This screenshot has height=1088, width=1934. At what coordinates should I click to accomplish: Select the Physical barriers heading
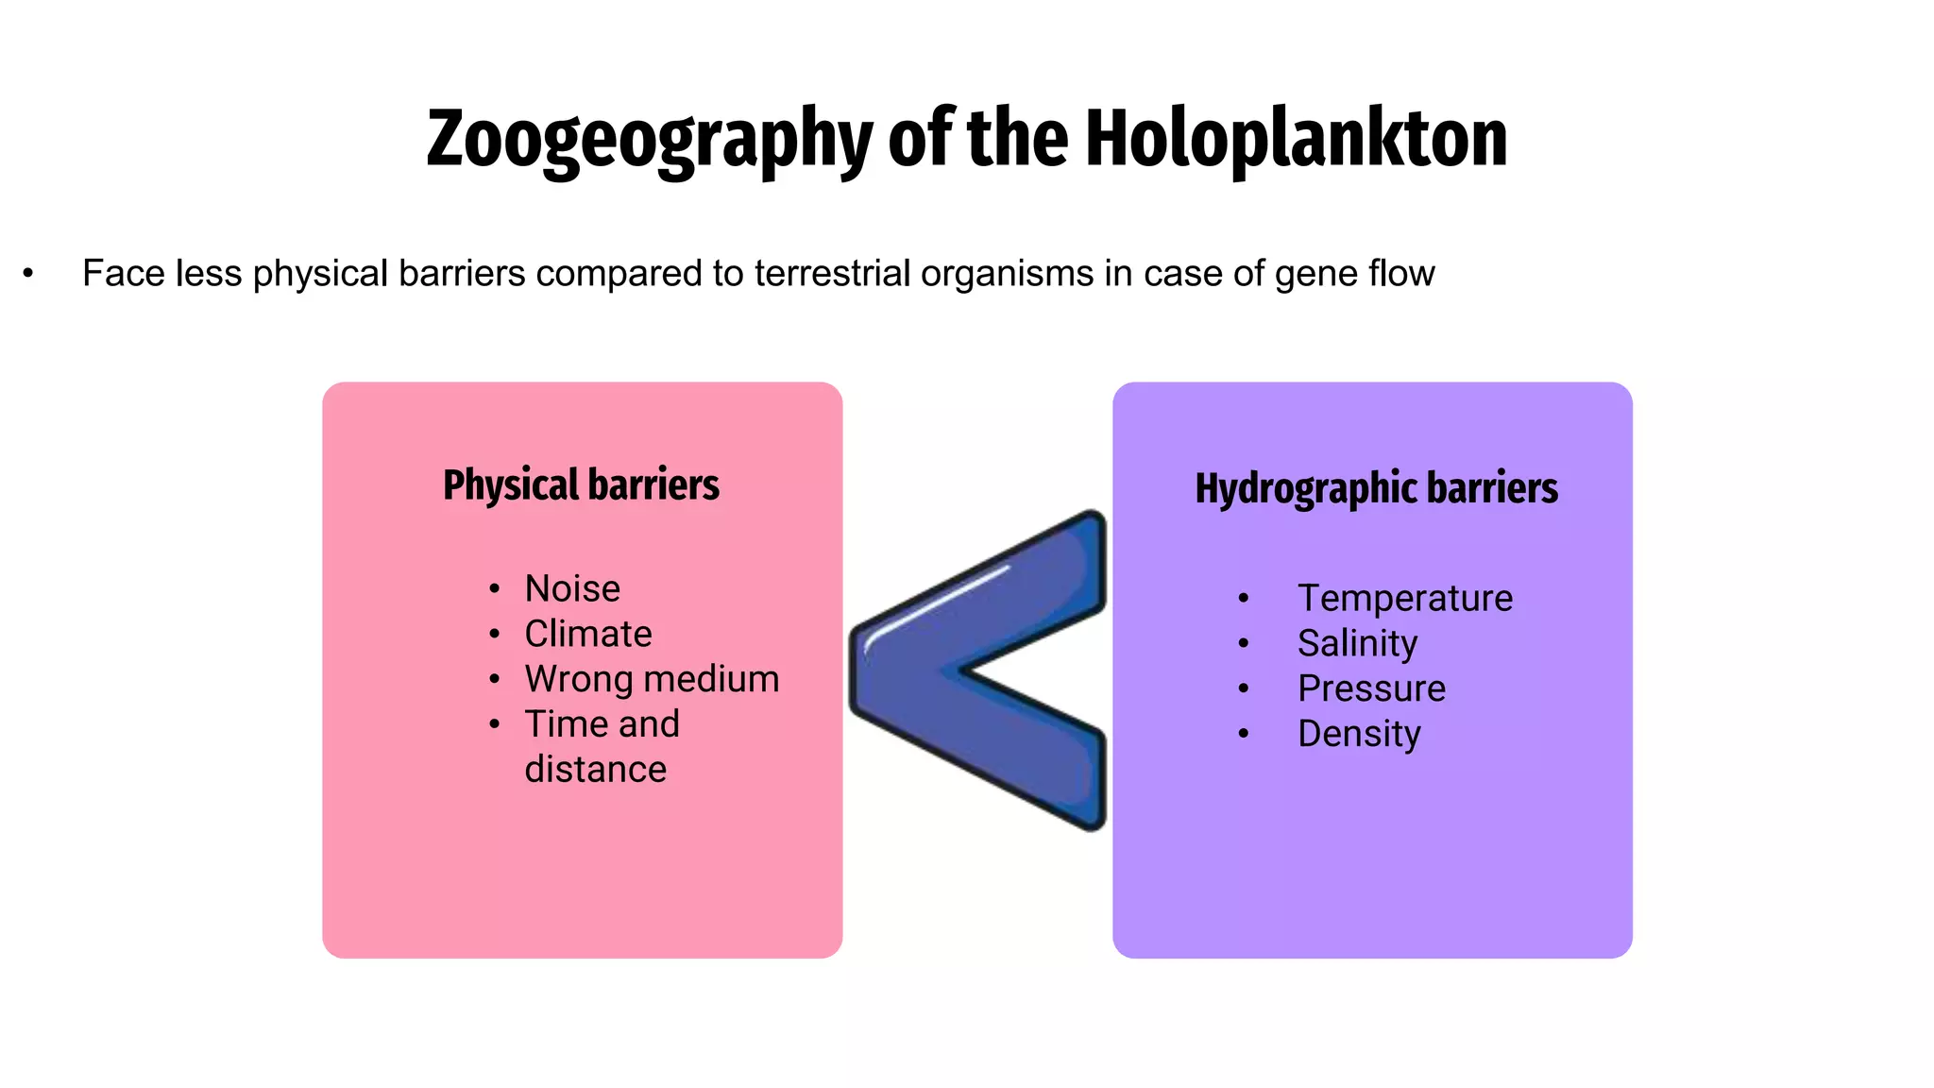click(x=581, y=484)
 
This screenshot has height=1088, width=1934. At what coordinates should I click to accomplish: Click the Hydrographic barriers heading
click(x=1376, y=488)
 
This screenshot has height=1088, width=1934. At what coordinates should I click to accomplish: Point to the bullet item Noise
click(x=572, y=588)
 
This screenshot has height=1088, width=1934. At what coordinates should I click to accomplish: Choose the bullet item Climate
click(x=588, y=634)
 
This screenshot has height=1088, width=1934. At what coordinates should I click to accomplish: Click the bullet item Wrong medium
click(x=652, y=679)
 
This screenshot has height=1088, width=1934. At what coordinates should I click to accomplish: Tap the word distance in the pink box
click(x=596, y=769)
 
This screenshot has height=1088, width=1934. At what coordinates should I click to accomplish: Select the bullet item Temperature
click(x=1405, y=598)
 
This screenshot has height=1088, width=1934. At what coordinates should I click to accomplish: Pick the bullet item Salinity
click(x=1357, y=643)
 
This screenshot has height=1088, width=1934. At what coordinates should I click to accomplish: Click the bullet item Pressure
click(x=1371, y=688)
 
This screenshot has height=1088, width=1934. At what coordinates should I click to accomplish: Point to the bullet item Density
click(x=1359, y=734)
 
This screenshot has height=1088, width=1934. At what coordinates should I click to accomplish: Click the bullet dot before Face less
click(x=28, y=274)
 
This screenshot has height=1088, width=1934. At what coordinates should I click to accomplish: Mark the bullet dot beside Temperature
click(x=1244, y=598)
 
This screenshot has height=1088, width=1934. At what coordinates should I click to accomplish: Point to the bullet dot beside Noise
click(x=494, y=589)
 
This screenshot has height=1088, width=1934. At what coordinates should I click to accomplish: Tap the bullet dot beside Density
click(x=1244, y=734)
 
